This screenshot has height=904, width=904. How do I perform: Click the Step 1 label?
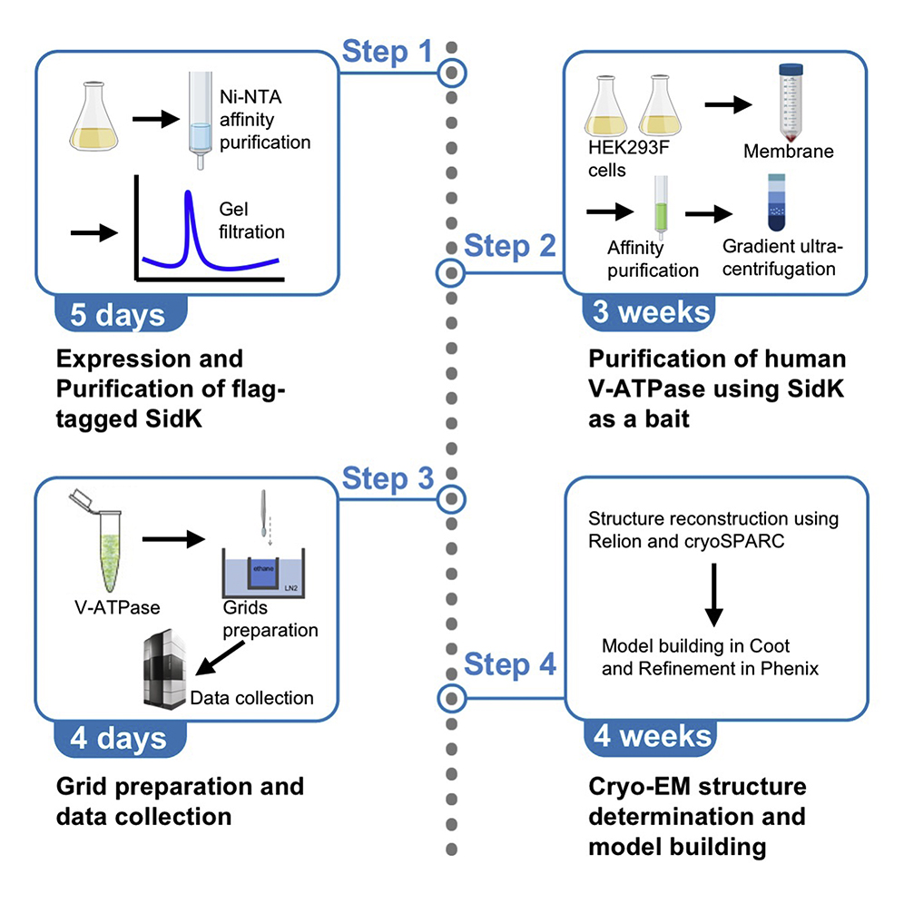(x=388, y=53)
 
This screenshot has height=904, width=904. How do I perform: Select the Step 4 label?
(x=509, y=664)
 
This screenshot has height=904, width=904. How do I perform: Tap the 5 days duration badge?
(x=118, y=314)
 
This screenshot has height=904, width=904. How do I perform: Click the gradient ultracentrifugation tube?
(x=780, y=202)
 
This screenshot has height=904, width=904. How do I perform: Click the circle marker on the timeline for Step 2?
(x=451, y=271)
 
